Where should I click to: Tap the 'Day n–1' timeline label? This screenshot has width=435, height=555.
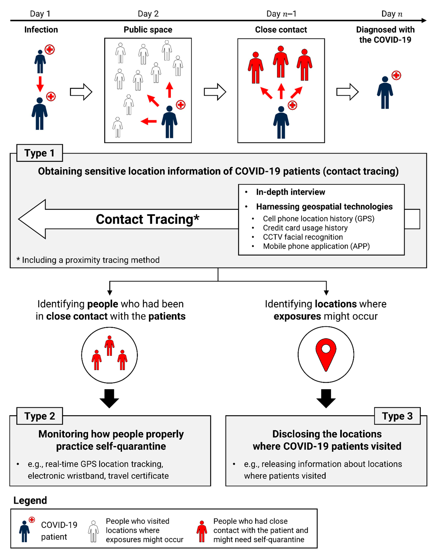tap(281, 14)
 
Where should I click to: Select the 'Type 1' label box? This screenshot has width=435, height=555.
tap(39, 153)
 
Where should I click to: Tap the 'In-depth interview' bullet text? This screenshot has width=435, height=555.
tap(290, 192)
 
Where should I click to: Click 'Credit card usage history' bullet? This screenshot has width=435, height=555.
tap(305, 228)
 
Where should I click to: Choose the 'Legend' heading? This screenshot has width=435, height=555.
tap(30, 500)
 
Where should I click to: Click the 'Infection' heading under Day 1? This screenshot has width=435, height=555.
tap(41, 30)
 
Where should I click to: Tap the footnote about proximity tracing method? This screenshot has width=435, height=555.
tap(88, 260)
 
